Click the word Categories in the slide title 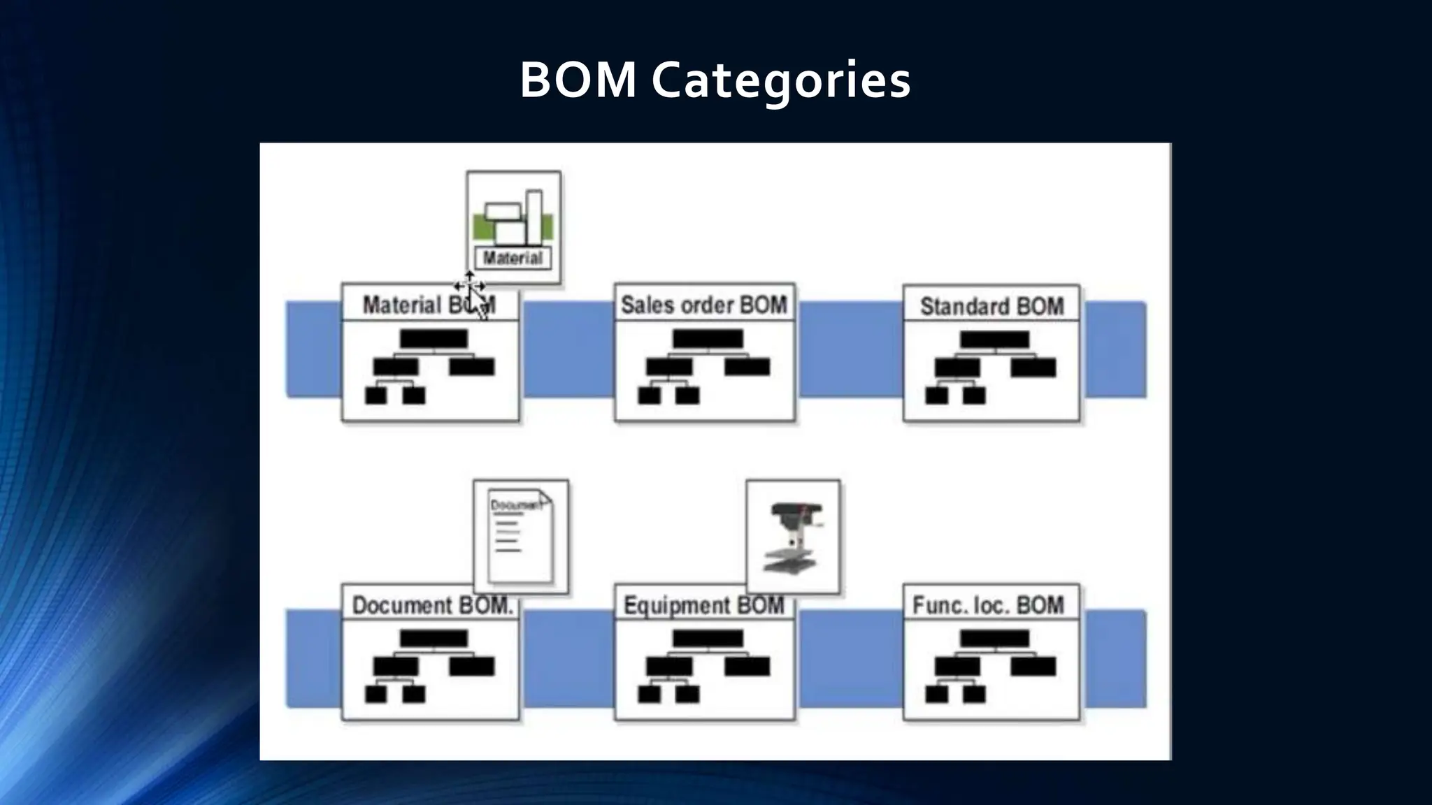click(781, 80)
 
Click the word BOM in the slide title click(578, 80)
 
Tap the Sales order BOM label click(703, 305)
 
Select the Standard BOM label click(991, 307)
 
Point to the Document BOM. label click(431, 605)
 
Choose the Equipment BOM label click(703, 605)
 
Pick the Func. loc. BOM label click(988, 605)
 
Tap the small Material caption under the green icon click(513, 259)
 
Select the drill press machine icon click(793, 537)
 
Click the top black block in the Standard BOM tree click(994, 340)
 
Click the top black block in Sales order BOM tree click(708, 340)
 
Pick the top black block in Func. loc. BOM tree click(994, 638)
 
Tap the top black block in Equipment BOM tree click(708, 638)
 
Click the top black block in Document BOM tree click(434, 638)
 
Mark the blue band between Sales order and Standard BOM click(850, 349)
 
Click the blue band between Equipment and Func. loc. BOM click(850, 657)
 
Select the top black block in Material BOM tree click(434, 340)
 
